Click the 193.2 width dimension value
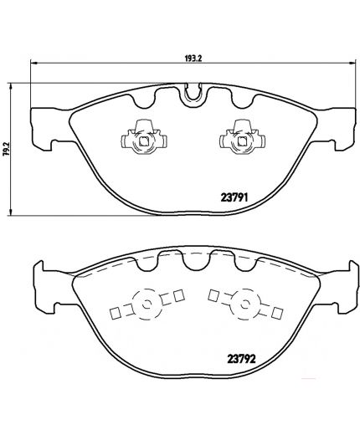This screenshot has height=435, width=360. coord(193,59)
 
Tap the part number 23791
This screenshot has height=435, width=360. coord(234,198)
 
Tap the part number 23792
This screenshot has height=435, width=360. coord(242,359)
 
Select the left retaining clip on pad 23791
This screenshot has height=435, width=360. coord(144,137)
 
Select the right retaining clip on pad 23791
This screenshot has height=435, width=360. coord(243,137)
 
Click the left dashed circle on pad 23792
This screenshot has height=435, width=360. coord(145,304)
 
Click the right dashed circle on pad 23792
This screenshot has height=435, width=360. coord(245,304)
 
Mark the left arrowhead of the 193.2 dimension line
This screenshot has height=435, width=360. coord(33,64)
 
